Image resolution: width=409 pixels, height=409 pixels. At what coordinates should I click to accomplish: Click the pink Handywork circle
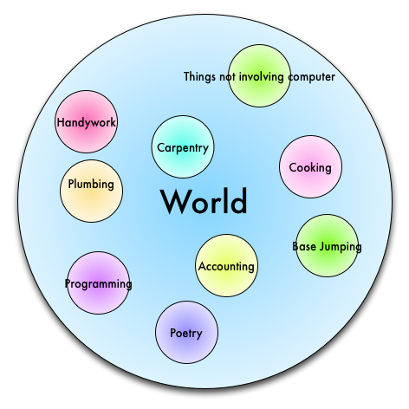[x=86, y=121]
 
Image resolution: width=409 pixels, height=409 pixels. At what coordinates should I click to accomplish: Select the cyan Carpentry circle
[x=183, y=146]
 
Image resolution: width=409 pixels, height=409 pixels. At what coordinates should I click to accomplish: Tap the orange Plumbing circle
[x=91, y=191]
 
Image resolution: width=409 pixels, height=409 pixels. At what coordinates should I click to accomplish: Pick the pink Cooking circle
[x=310, y=166]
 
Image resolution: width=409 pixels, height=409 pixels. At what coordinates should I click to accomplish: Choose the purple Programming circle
[x=98, y=282]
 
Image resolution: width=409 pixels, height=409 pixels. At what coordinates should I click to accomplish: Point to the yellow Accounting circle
[x=226, y=265]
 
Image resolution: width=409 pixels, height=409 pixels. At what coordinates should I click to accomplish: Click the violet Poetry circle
[x=186, y=332]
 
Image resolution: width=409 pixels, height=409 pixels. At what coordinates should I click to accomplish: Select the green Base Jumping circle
[x=327, y=245]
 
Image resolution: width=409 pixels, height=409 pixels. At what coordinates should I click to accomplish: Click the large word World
[x=204, y=201]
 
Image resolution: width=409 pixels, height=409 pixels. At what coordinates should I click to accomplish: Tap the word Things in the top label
[x=200, y=77]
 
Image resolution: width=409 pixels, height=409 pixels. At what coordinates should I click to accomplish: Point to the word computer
[x=311, y=77]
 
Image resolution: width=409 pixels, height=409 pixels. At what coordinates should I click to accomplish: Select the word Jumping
[x=341, y=247]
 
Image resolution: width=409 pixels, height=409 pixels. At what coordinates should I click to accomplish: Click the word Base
[x=304, y=246]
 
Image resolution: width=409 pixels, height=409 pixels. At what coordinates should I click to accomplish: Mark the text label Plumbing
[x=91, y=185]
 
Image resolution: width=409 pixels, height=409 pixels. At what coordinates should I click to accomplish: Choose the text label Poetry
[x=186, y=334]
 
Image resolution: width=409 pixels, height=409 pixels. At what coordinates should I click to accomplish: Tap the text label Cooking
[x=310, y=168]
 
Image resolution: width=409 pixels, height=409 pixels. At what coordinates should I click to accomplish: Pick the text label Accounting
[x=226, y=267]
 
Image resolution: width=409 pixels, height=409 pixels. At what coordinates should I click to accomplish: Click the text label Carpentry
[x=183, y=148]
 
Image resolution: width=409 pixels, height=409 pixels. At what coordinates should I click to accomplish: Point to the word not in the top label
[x=227, y=77]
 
